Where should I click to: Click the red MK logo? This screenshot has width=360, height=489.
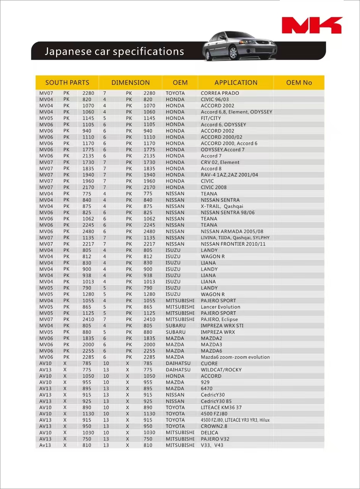pyautogui.click(x=312, y=25)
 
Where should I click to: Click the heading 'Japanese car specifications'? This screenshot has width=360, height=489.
pyautogui.click(x=114, y=52)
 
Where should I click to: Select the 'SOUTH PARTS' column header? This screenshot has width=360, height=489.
pyautogui.click(x=67, y=83)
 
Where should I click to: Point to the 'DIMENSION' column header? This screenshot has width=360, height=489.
pyautogui.click(x=131, y=83)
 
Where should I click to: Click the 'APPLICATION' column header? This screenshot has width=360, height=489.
pyautogui.click(x=236, y=83)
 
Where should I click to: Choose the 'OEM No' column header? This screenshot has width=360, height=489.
pyautogui.click(x=299, y=83)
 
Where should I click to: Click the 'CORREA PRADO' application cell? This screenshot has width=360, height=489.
pyautogui.click(x=220, y=93)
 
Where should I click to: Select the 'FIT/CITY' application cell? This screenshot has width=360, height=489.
pyautogui.click(x=211, y=118)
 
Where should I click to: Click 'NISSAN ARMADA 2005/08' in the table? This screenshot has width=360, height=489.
pyautogui.click(x=232, y=232)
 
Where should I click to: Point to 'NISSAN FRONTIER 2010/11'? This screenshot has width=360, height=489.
pyautogui.click(x=233, y=244)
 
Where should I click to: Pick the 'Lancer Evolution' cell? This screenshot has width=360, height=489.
pyautogui.click(x=221, y=307)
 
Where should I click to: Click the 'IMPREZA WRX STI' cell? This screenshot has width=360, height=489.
pyautogui.click(x=222, y=326)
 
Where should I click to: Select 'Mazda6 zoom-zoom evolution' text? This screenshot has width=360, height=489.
pyautogui.click(x=235, y=357)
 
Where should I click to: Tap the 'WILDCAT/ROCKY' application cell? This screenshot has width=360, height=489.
pyautogui.click(x=221, y=370)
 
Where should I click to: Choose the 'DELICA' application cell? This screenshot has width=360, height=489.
pyautogui.click(x=210, y=433)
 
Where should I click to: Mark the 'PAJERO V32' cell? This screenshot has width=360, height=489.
pyautogui.click(x=215, y=439)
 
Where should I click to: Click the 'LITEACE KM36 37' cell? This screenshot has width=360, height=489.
pyautogui.click(x=221, y=408)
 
